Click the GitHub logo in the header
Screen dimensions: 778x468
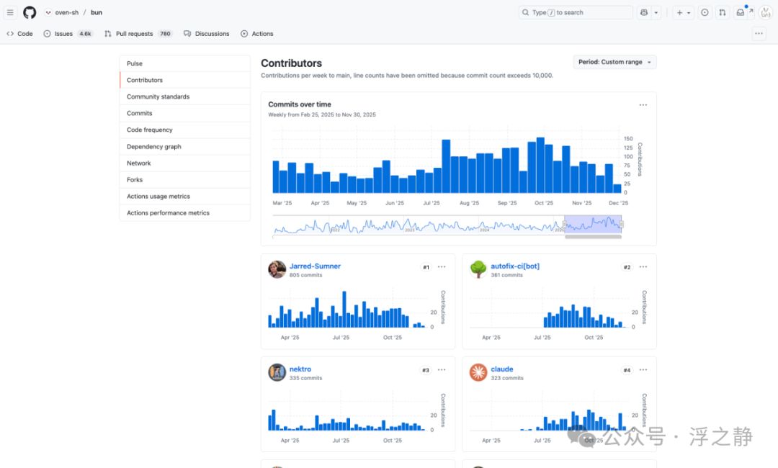pos(30,12)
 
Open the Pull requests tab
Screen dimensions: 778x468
pos(138,34)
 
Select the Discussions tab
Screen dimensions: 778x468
pos(207,34)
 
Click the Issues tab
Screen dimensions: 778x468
pos(68,34)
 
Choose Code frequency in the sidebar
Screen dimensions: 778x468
pos(149,130)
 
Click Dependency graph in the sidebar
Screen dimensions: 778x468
pos(154,147)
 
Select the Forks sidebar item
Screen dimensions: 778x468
pos(135,180)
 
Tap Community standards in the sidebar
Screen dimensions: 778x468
pos(158,96)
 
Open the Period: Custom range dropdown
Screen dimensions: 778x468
pos(614,62)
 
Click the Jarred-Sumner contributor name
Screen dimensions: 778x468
pos(315,266)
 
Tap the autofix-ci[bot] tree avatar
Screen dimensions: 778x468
pos(478,269)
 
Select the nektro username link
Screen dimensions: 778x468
pos(300,369)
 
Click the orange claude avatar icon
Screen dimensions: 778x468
pos(478,372)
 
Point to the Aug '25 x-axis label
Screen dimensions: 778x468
pos(469,203)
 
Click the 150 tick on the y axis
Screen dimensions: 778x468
pos(628,139)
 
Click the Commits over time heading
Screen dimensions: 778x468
pos(300,104)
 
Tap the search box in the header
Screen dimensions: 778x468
pos(576,12)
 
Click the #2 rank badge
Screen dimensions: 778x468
pos(627,267)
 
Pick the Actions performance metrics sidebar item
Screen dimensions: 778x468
pos(168,213)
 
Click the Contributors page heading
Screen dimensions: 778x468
pos(291,63)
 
